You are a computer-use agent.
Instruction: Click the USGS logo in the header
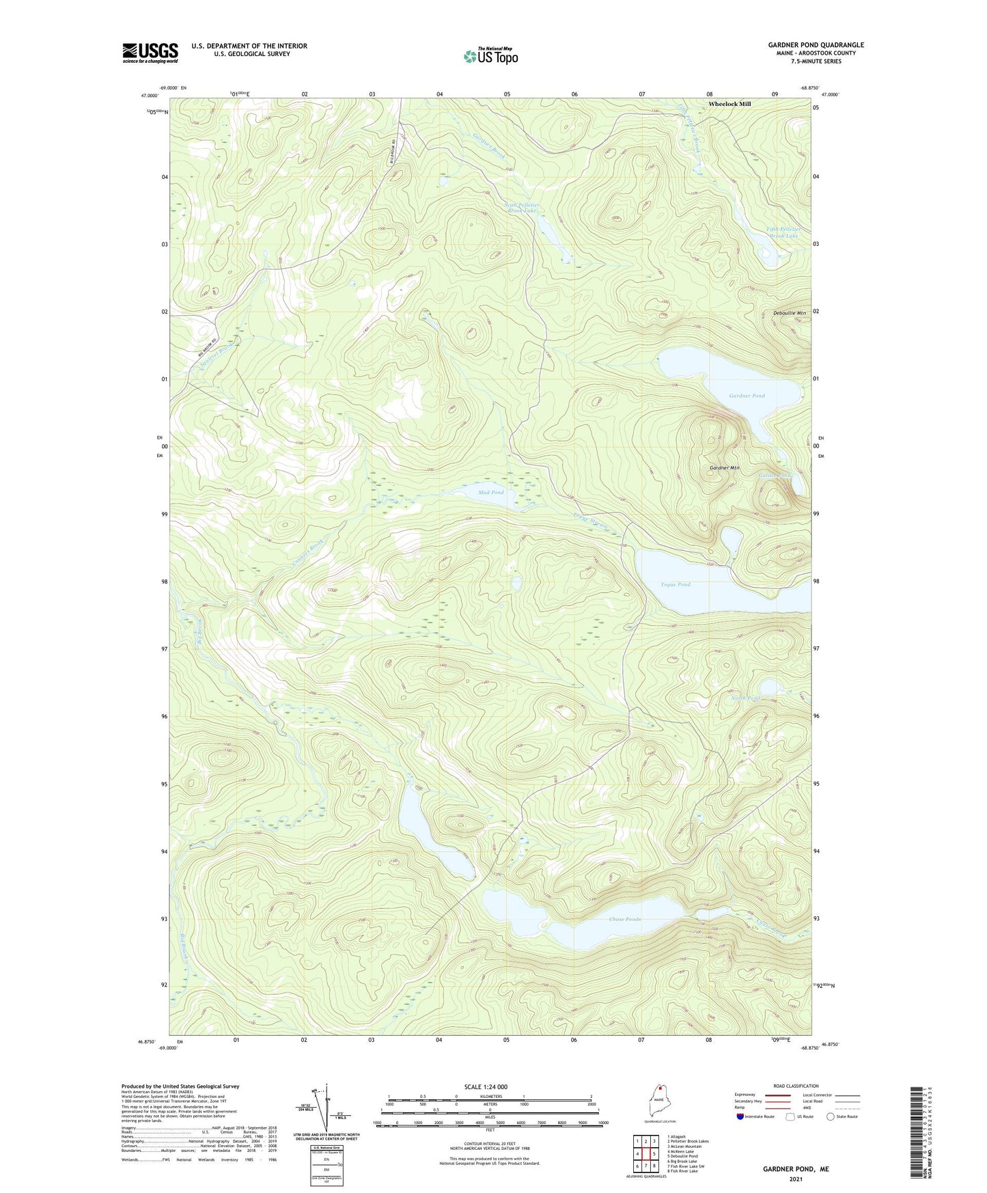[x=150, y=53]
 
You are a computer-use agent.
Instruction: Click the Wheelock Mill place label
[x=729, y=104]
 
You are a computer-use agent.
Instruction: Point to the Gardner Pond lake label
[x=747, y=396]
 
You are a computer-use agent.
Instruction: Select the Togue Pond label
[x=675, y=584]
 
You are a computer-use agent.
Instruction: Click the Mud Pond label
[x=490, y=492]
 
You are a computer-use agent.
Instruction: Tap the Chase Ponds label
[x=624, y=919]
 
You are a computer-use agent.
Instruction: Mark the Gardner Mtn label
[x=725, y=467]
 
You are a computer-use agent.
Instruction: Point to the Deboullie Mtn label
[x=789, y=313]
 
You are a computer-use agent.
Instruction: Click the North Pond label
[x=745, y=698]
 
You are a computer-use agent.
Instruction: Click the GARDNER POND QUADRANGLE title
[x=816, y=45]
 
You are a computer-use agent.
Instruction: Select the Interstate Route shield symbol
[x=740, y=1117]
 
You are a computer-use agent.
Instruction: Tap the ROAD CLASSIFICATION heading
[x=796, y=1086]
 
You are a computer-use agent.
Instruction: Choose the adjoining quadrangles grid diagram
[x=645, y=1150]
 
